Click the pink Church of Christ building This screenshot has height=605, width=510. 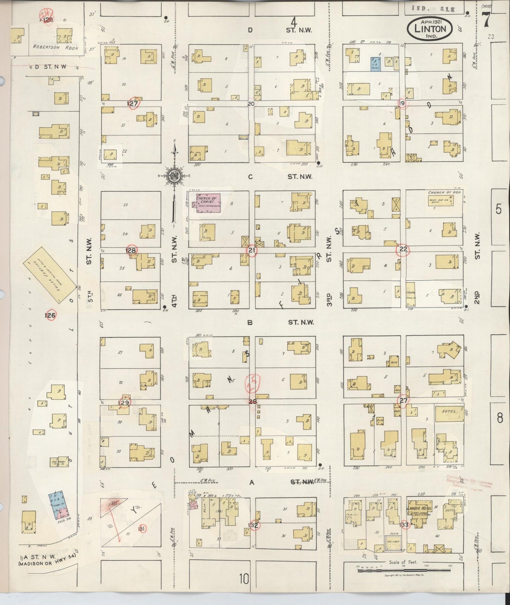tap(208, 203)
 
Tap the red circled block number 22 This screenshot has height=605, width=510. tap(403, 250)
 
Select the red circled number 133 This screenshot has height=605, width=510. tap(404, 525)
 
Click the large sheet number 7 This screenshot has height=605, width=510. tap(486, 19)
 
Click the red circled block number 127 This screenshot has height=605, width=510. tap(133, 103)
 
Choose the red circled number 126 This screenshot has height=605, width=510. tap(50, 315)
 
